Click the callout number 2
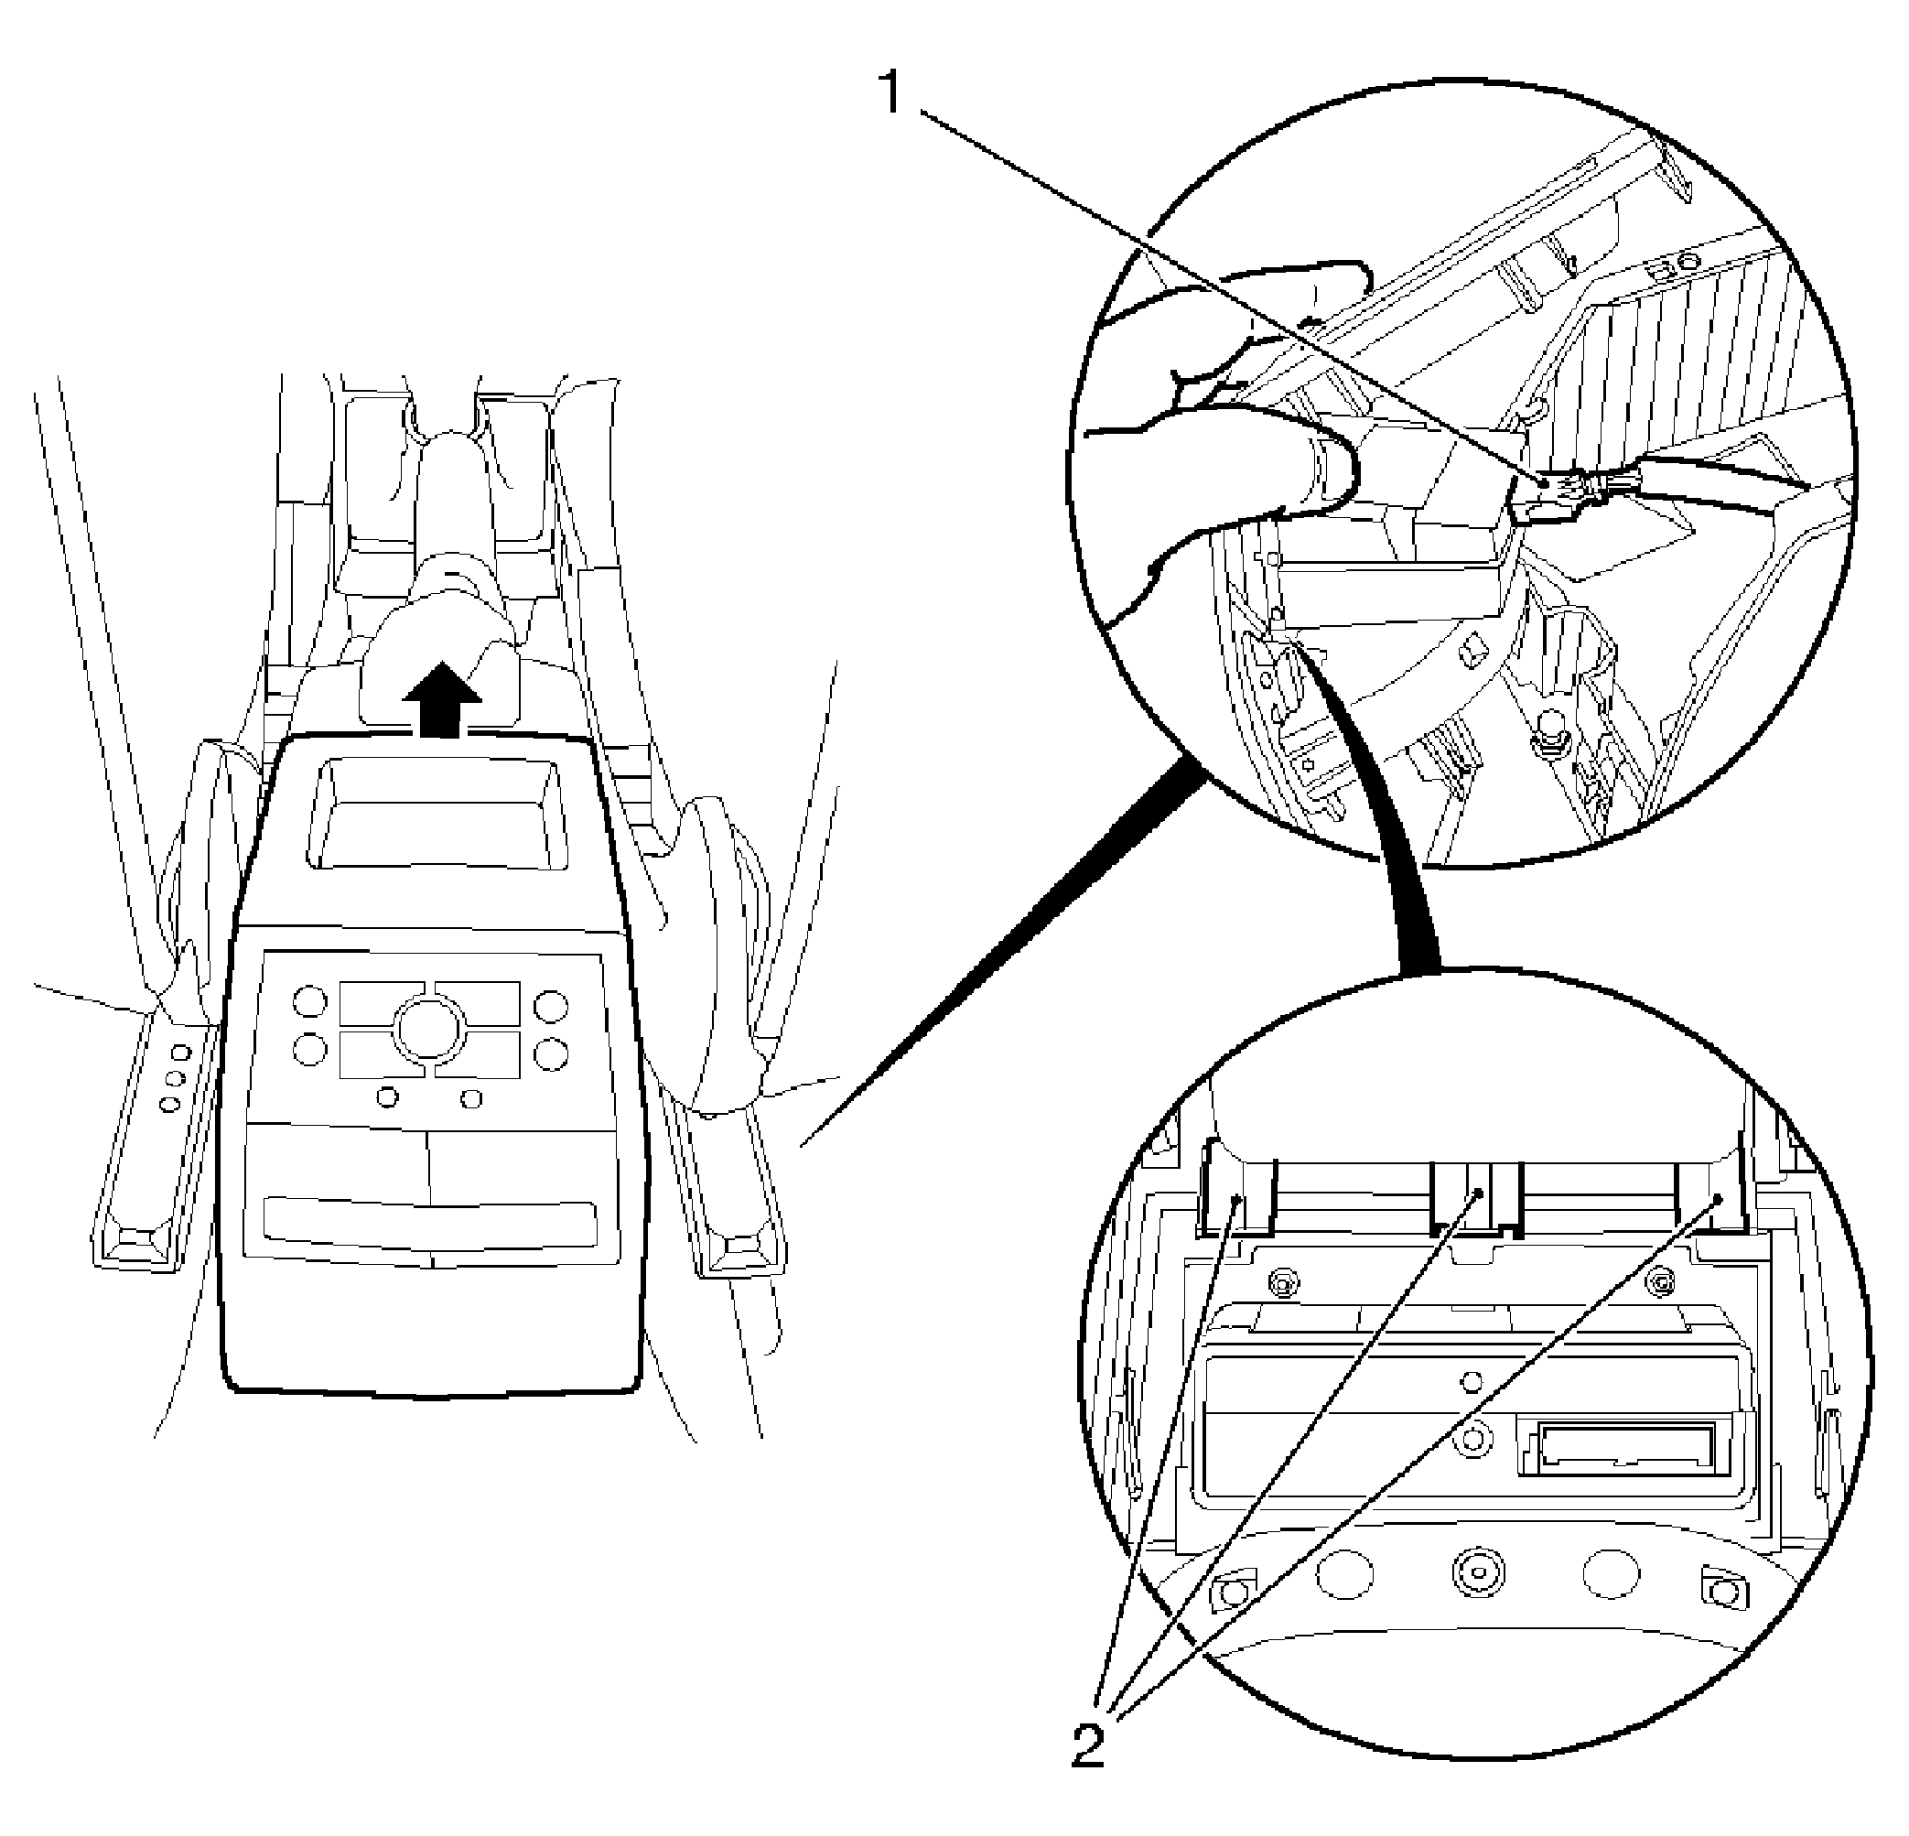point(1088,1745)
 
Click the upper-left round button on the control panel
point(309,1003)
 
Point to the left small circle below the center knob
point(388,1097)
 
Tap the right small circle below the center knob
point(472,1098)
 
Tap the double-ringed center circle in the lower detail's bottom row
point(1479,1572)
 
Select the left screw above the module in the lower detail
point(1284,1280)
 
